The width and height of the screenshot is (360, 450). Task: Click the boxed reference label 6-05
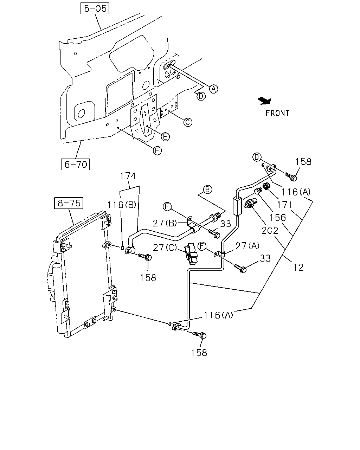click(95, 8)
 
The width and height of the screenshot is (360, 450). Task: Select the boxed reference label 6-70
click(75, 165)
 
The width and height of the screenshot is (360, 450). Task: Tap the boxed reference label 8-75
click(69, 203)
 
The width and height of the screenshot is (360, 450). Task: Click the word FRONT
click(277, 113)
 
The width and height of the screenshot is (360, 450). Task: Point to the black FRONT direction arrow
click(265, 101)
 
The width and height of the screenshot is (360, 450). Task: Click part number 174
click(128, 176)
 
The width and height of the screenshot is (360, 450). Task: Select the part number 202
click(270, 230)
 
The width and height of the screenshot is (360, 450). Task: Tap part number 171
click(285, 205)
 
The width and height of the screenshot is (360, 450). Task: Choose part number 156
click(278, 218)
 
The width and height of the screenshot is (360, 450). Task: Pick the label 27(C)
click(165, 247)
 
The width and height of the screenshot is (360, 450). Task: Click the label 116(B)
click(122, 205)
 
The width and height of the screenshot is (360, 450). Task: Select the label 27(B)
click(165, 223)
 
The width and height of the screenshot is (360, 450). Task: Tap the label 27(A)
click(247, 246)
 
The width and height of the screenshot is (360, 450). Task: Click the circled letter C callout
click(188, 122)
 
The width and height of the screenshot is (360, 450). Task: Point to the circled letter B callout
click(207, 189)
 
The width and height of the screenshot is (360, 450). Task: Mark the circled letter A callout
click(213, 89)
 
